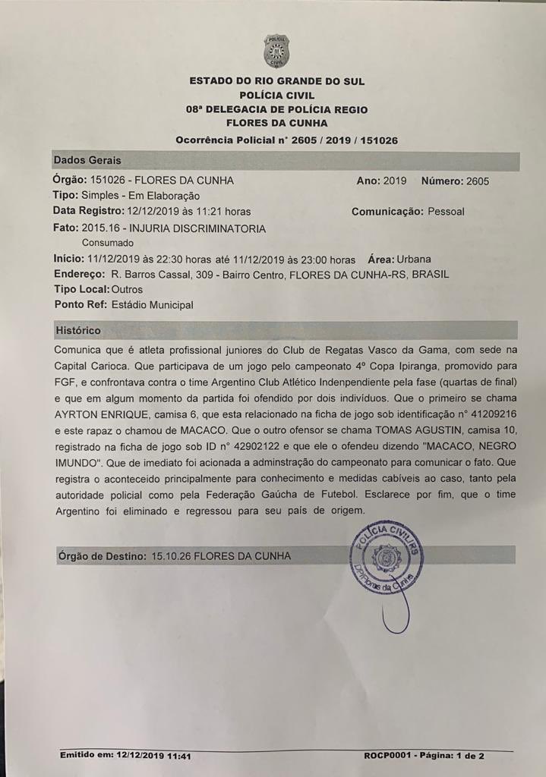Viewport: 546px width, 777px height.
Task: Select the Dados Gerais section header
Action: click(87, 161)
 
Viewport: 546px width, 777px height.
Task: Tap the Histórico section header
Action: click(78, 331)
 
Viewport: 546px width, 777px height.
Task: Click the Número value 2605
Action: click(476, 181)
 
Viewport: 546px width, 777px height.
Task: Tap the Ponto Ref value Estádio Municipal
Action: click(151, 304)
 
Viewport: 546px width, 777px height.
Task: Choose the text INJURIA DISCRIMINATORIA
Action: click(198, 228)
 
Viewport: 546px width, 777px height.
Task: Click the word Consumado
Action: click(107, 243)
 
